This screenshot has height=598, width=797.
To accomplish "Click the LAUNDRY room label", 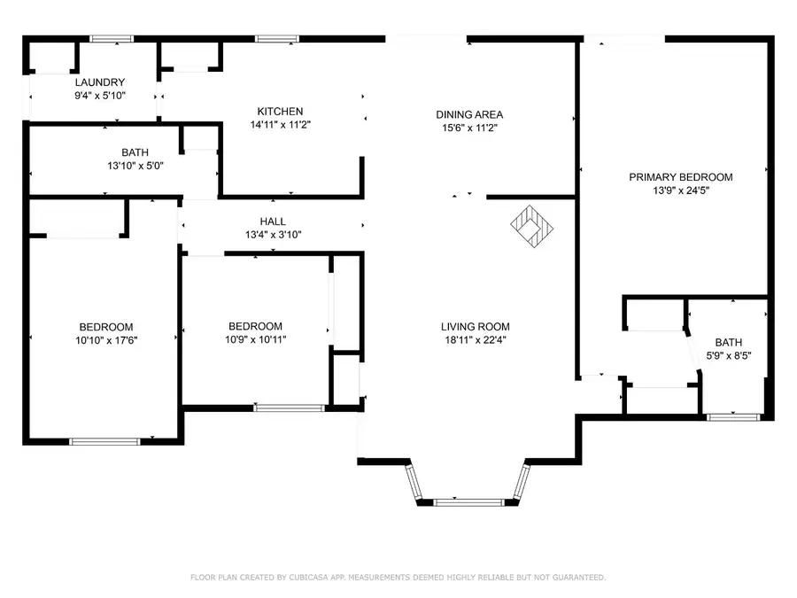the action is click(x=99, y=82).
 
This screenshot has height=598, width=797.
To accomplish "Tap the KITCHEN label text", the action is click(x=280, y=112).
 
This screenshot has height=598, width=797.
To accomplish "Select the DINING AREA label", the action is click(x=469, y=114).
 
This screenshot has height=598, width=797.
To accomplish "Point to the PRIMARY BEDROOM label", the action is click(x=681, y=177).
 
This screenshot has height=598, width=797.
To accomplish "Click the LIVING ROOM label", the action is click(x=476, y=326).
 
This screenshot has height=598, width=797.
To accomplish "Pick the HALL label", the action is click(x=273, y=221).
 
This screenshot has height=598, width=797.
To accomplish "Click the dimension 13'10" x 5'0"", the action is click(x=135, y=166).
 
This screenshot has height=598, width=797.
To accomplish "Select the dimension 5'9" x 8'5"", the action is click(x=729, y=355).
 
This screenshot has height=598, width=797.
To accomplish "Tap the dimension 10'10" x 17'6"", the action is click(x=106, y=340).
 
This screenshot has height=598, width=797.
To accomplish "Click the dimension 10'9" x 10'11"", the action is click(x=256, y=339).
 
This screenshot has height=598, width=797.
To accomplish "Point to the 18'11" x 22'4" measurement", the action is click(x=476, y=339).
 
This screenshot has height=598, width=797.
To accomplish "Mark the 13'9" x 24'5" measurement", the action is click(x=681, y=190).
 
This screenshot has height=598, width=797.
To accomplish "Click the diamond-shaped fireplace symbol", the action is click(x=531, y=226).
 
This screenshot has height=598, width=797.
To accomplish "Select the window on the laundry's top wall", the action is click(x=112, y=39).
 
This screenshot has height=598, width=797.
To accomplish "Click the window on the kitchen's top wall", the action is click(x=277, y=39).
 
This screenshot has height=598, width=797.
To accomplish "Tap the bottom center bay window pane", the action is click(x=468, y=502).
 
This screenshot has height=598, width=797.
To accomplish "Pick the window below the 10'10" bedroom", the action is click(x=104, y=441).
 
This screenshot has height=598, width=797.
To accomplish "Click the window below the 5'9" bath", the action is click(x=733, y=417).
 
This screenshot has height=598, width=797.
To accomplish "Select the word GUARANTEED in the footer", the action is click(x=579, y=577).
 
